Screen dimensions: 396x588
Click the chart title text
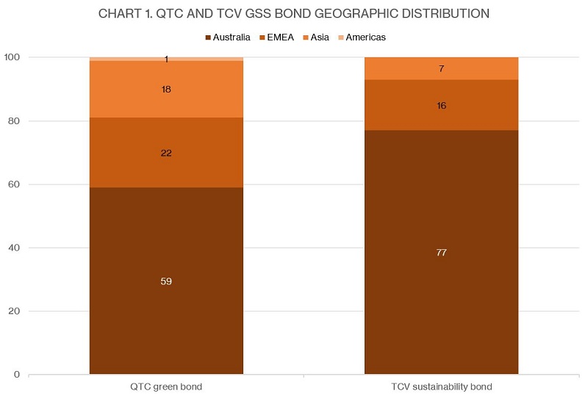point(294,14)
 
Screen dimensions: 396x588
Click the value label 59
point(166,281)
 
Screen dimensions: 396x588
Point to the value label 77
point(442,253)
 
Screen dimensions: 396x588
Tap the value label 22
point(166,153)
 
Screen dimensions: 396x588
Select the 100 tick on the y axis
point(13,57)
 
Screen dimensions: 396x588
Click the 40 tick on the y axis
point(15,248)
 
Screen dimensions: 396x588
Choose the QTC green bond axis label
point(166,386)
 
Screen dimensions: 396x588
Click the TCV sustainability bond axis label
point(442,386)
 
